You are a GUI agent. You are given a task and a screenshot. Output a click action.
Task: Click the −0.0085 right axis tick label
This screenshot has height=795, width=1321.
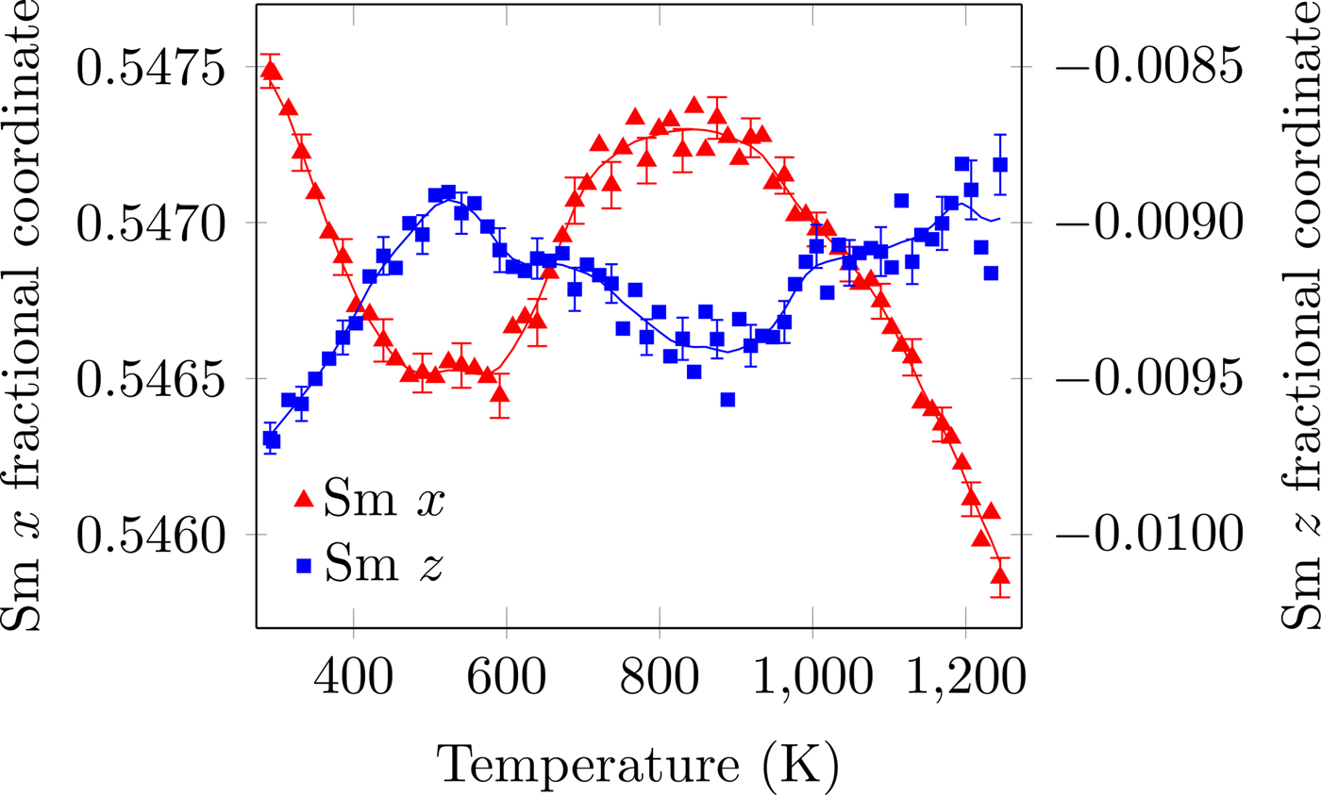1150,69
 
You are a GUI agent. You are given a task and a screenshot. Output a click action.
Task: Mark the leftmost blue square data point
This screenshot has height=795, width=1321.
272,440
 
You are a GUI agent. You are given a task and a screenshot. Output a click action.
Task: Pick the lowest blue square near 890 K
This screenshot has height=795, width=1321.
727,400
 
